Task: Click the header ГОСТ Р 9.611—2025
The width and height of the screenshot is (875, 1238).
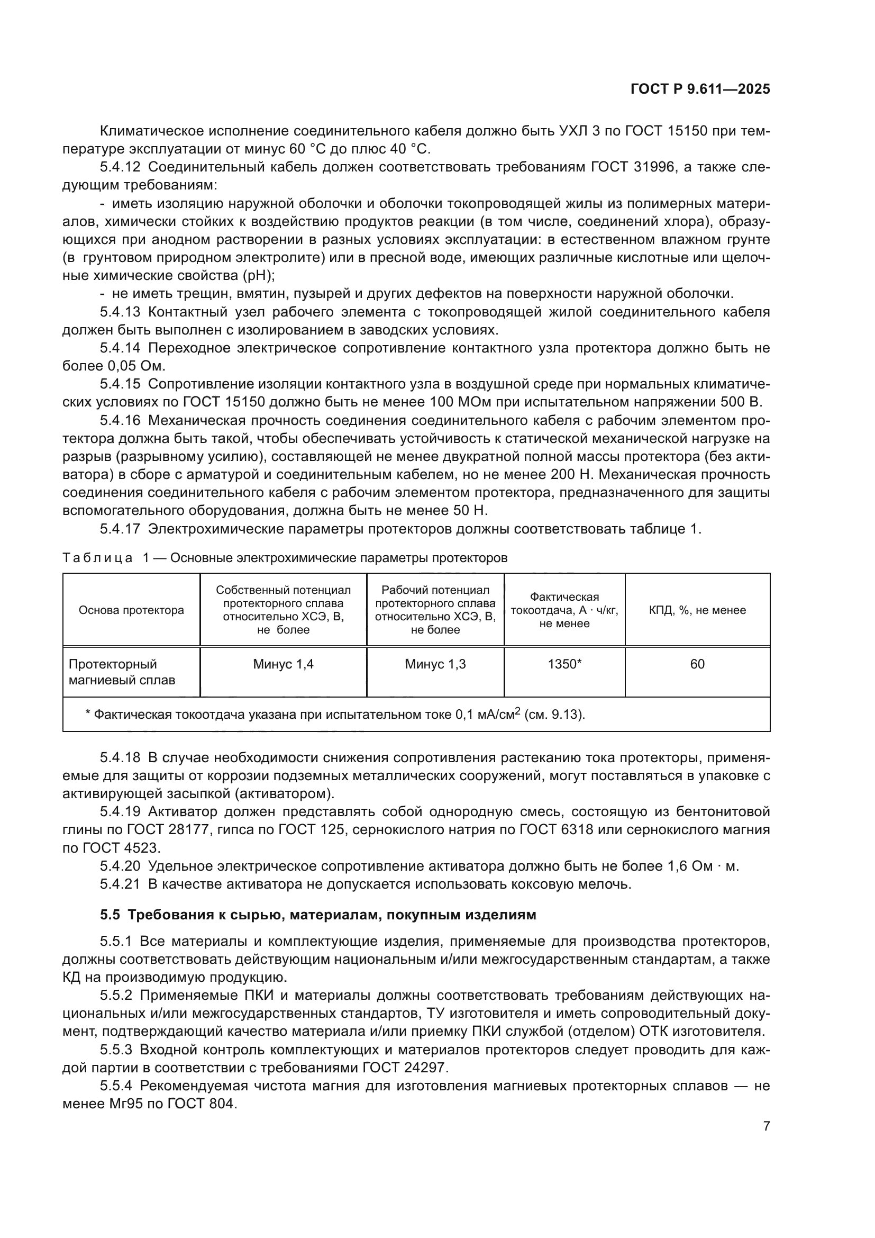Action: [700, 89]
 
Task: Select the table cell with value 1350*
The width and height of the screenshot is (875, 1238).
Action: [564, 664]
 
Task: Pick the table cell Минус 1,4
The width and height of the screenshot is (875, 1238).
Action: [283, 664]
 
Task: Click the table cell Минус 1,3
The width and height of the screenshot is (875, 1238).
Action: [435, 664]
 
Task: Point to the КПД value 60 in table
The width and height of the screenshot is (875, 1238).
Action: [697, 664]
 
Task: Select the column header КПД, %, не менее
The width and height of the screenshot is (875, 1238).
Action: [697, 610]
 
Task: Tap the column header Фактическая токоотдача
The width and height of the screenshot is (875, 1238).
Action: [564, 610]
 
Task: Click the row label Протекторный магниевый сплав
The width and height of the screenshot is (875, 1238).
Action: [122, 672]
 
